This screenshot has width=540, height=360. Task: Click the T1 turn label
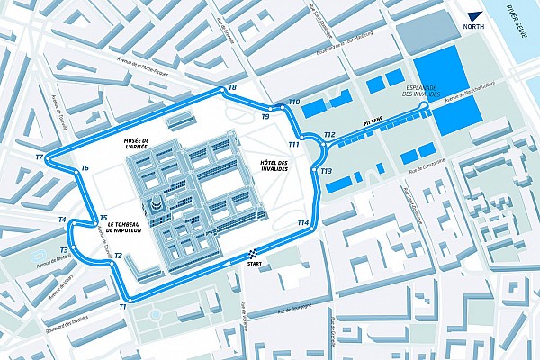coord(122,308)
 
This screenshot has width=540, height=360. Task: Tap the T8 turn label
coord(232,87)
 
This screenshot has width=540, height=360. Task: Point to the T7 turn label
coord(40,157)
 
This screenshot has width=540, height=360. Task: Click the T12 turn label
coord(329,135)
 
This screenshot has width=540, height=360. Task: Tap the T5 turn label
coord(103,218)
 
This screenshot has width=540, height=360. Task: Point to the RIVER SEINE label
coord(517,15)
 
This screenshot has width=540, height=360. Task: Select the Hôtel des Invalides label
coord(278,166)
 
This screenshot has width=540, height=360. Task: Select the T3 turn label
coord(64,250)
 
